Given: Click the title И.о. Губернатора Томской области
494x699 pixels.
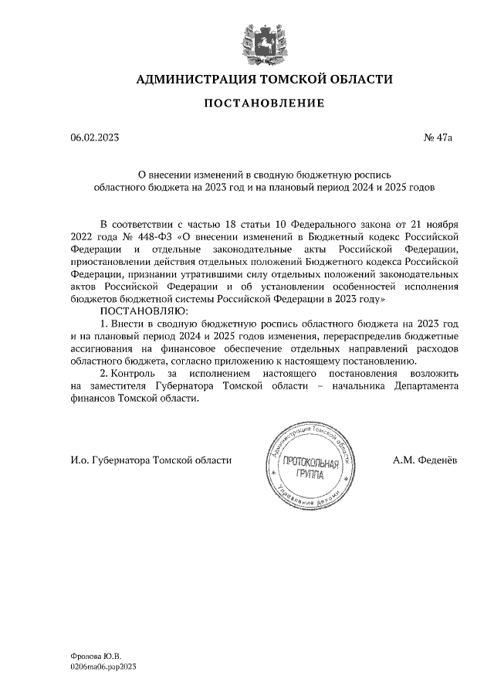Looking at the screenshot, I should click(151, 460).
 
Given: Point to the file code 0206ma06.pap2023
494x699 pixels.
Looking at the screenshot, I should click(103, 665).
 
